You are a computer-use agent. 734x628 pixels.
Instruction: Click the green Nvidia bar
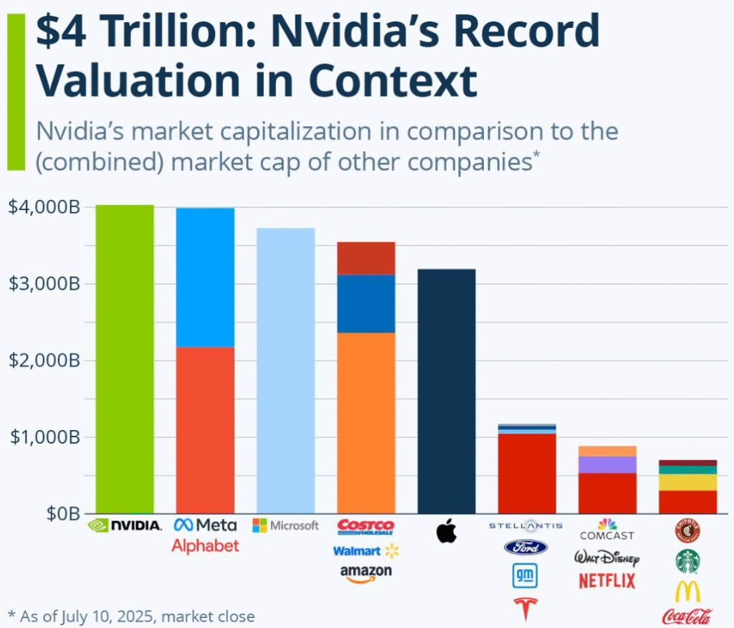(x=125, y=359)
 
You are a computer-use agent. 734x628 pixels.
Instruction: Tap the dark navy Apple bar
(x=447, y=391)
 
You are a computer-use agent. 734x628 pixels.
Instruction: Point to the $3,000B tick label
(x=44, y=283)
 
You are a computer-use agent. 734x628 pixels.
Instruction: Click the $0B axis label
(x=60, y=513)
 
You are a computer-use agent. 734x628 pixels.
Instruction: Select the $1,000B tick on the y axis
(x=44, y=437)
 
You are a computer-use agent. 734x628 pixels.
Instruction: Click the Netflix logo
(x=607, y=580)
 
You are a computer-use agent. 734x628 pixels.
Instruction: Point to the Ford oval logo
(x=527, y=548)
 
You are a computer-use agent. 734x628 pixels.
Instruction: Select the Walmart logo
(x=366, y=551)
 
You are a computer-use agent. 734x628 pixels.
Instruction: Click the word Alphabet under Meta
(x=205, y=546)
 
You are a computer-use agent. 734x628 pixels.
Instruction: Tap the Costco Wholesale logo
(x=366, y=527)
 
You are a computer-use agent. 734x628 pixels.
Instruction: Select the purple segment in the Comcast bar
(x=607, y=465)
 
